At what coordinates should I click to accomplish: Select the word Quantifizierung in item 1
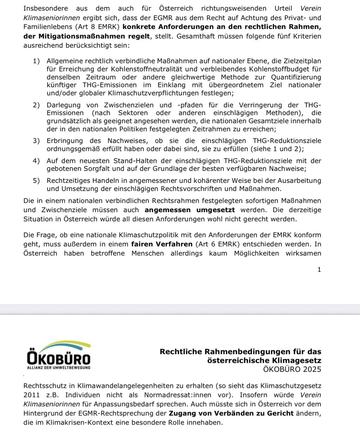click(x=296, y=77)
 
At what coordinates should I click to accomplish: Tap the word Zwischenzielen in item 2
click(x=129, y=105)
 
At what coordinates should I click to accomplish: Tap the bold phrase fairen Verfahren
click(x=162, y=244)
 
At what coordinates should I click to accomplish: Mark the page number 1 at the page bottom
click(x=319, y=270)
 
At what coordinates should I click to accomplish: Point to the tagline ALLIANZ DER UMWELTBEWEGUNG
click(x=59, y=368)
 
